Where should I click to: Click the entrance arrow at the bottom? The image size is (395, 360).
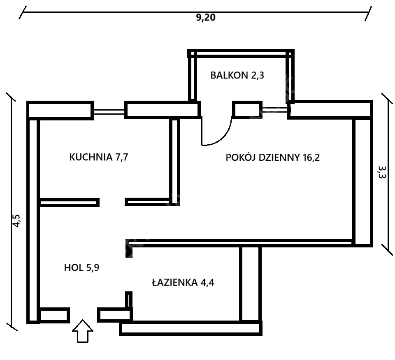point(83,331)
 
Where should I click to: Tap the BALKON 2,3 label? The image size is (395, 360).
point(237,75)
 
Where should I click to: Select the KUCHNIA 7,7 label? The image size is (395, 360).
point(99,157)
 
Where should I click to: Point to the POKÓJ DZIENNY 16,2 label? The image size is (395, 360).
point(272,157)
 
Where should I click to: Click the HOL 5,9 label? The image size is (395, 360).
point(81,268)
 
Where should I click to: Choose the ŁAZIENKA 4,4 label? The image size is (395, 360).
point(183,282)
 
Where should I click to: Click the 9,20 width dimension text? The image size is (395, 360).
point(206,18)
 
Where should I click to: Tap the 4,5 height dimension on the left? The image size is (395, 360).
point(17,221)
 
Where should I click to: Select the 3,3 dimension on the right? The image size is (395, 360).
point(382,172)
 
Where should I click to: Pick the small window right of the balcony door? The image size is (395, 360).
point(275,109)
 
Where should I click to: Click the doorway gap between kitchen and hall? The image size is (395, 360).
point(112,202)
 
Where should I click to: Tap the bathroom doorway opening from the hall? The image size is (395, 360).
point(129,274)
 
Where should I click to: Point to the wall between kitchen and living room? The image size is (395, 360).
point(174,161)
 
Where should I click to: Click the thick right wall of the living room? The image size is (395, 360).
point(362,181)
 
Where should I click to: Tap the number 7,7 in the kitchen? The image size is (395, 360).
point(122,157)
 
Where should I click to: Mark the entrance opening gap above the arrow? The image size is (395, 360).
point(84,315)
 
